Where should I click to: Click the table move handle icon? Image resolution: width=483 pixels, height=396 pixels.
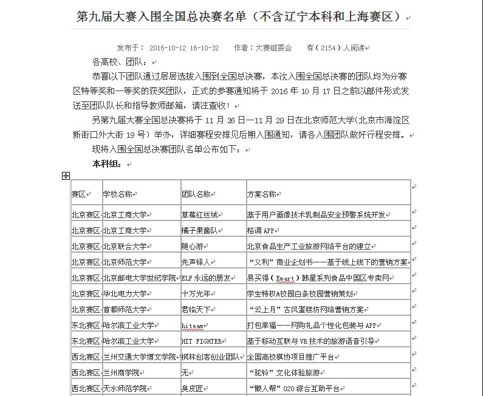click(66, 176)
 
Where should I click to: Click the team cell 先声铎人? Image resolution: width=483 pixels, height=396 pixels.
click(196, 262)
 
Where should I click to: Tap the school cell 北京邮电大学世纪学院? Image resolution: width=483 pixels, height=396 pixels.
click(139, 278)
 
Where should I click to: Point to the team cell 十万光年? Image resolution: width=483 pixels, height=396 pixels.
click(196, 294)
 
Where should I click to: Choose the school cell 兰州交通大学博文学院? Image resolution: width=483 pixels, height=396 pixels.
click(139, 357)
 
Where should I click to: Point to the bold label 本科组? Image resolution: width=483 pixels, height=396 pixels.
click(106, 164)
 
